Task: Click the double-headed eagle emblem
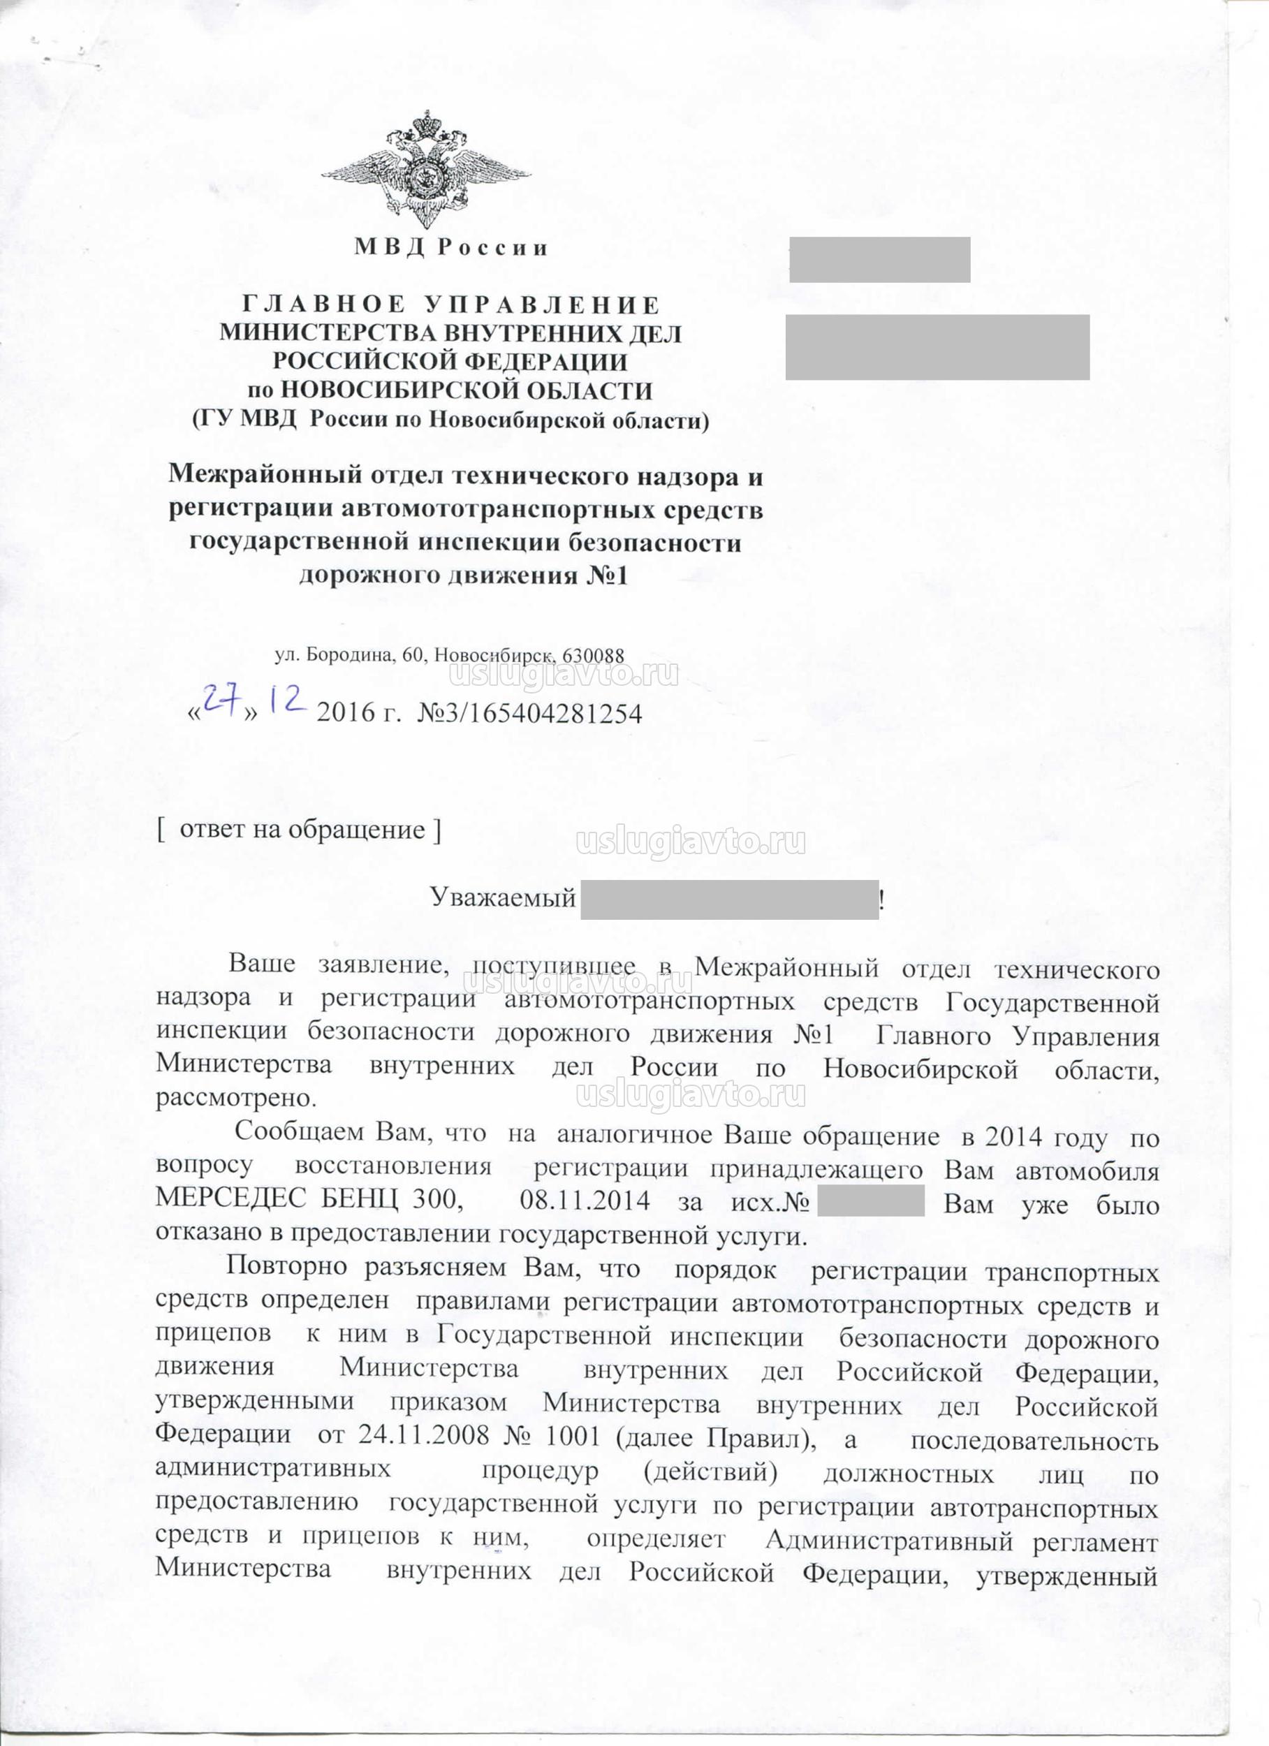point(426,170)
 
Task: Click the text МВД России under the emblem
point(451,248)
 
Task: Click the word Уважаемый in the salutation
point(502,897)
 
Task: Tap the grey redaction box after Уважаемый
point(728,899)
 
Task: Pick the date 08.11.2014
point(585,1200)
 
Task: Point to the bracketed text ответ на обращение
point(300,830)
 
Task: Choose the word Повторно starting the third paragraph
point(286,1266)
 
